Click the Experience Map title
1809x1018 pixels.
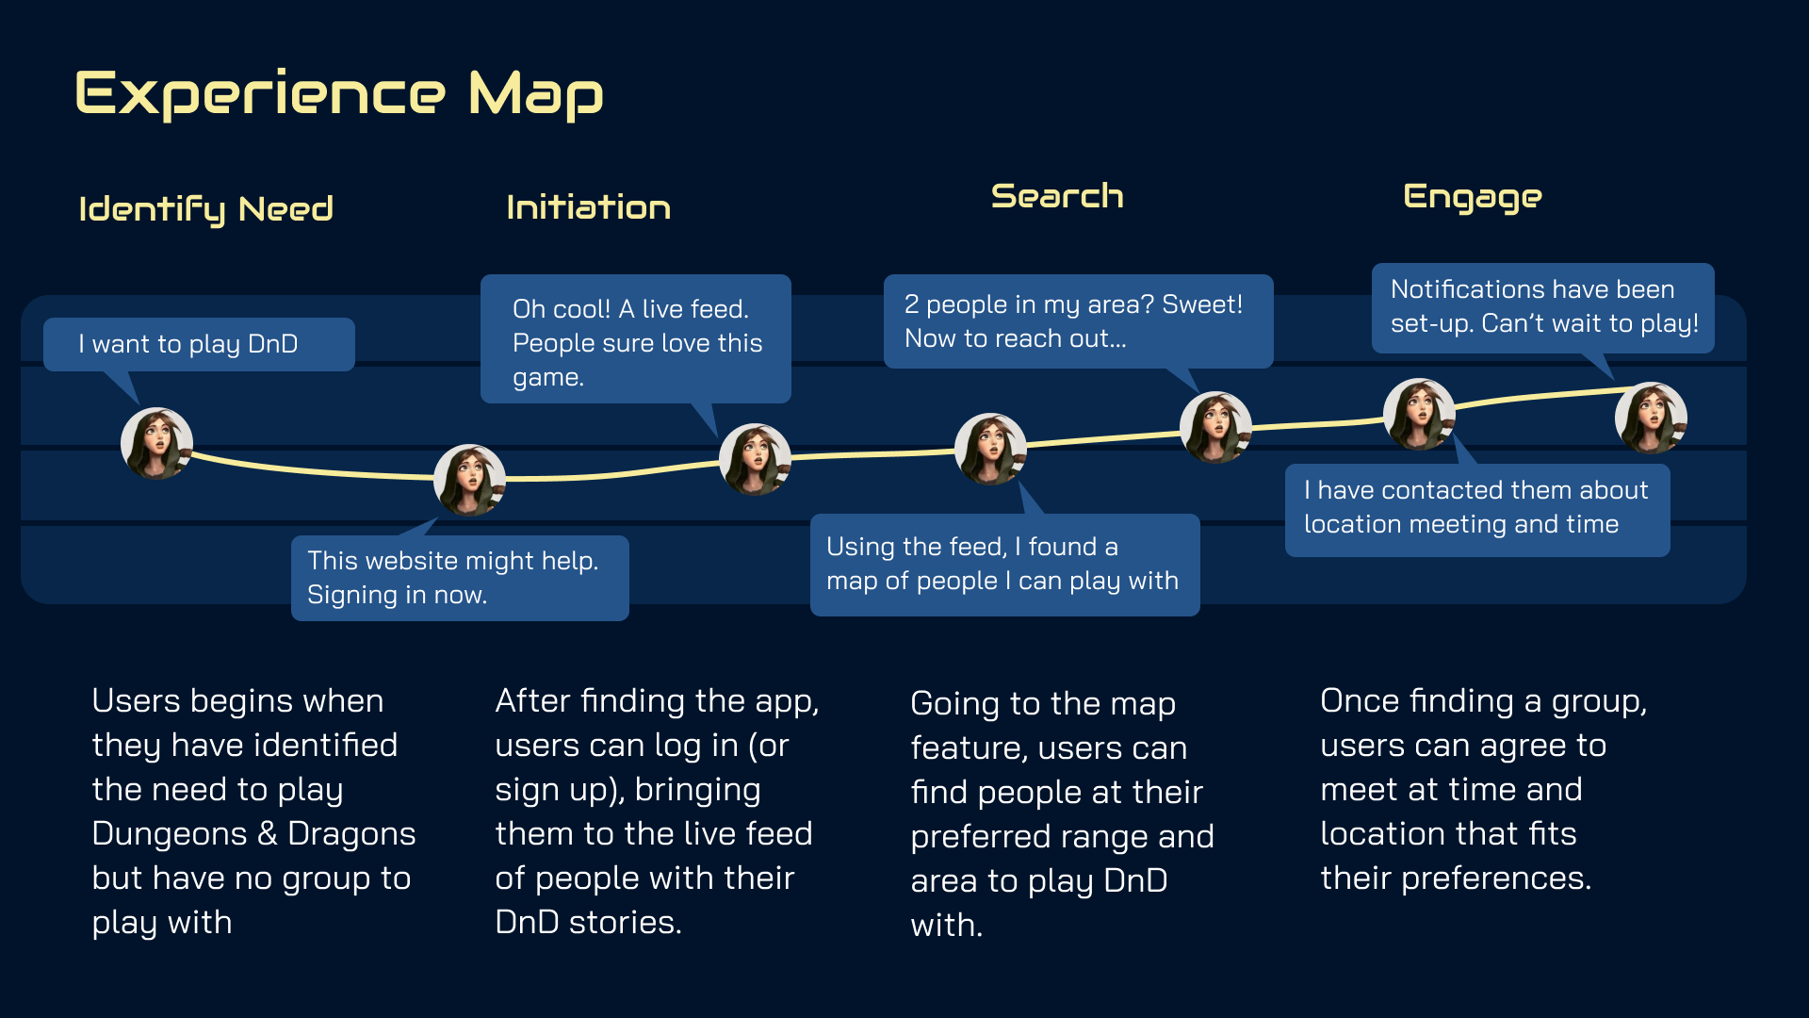339,94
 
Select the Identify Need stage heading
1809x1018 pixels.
205,209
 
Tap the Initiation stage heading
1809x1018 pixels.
588,207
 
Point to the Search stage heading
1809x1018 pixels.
1056,196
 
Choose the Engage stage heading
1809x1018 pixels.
1472,197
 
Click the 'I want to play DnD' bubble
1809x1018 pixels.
198,344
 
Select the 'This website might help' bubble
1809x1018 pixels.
459,577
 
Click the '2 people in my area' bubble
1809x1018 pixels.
1077,320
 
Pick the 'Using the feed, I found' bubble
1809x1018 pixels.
1003,564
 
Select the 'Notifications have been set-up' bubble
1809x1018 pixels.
1542,306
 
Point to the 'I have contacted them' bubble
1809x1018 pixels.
1476,507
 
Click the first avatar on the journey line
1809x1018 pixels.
156,443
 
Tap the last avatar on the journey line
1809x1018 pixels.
1651,418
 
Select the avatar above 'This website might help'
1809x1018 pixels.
469,480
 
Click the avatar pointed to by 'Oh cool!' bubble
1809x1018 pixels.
755,459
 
